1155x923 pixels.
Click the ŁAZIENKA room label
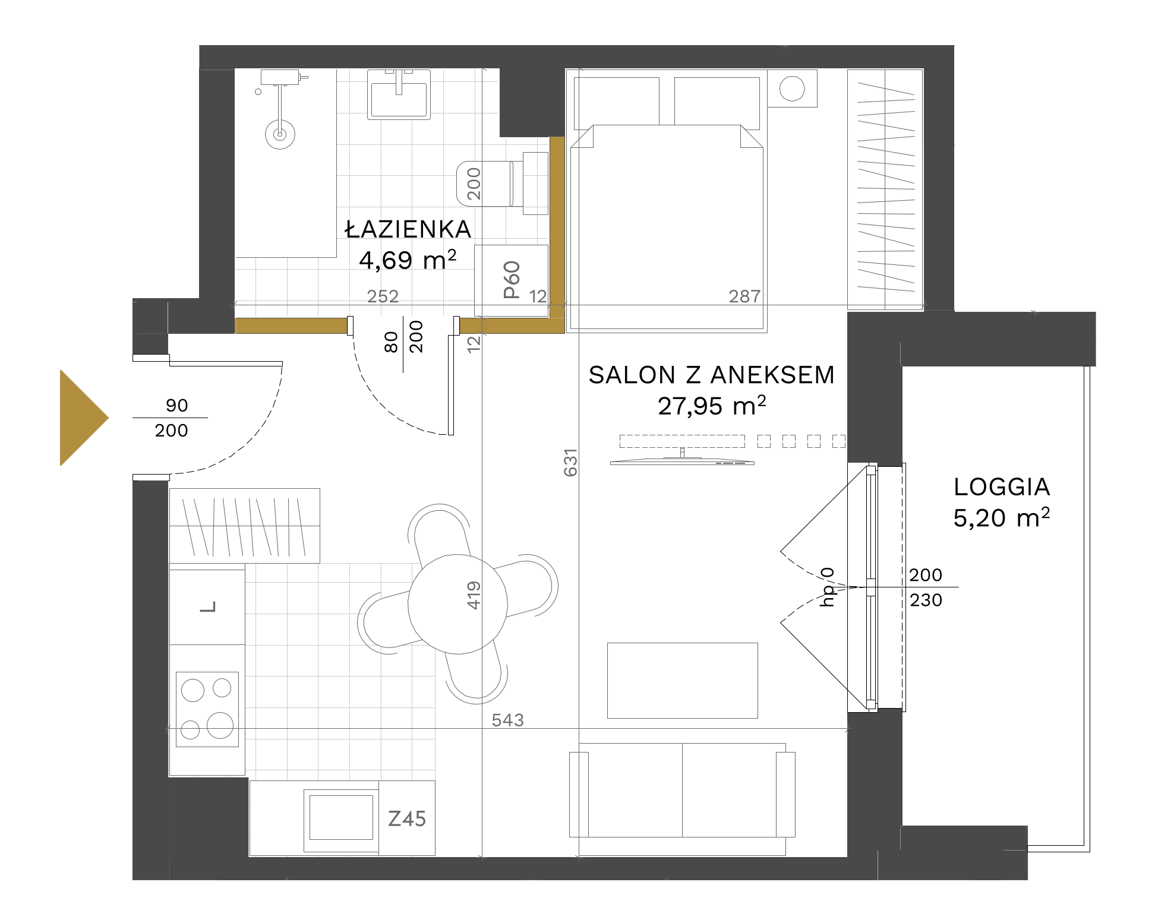(x=408, y=229)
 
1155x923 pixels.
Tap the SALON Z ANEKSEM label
(x=712, y=375)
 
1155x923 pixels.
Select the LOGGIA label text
(x=1002, y=487)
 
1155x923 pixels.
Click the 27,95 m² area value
(x=712, y=406)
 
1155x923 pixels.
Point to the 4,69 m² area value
(x=408, y=260)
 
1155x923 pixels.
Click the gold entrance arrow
(x=84, y=418)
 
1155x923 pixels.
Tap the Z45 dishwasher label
(x=407, y=819)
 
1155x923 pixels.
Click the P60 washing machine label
(x=512, y=280)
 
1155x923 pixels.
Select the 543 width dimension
(x=508, y=720)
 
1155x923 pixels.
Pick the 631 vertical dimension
(x=570, y=463)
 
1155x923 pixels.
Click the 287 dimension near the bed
(x=744, y=296)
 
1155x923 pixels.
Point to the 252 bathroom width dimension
(x=383, y=296)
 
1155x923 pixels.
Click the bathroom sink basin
(x=399, y=95)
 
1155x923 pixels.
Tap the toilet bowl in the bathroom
(x=484, y=184)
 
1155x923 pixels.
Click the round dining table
(x=457, y=604)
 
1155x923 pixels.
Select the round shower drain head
(x=280, y=134)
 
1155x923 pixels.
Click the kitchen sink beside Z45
(x=341, y=820)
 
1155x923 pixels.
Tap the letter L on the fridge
(x=208, y=607)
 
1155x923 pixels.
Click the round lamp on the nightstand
(x=792, y=89)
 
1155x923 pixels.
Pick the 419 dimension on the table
(x=474, y=595)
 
